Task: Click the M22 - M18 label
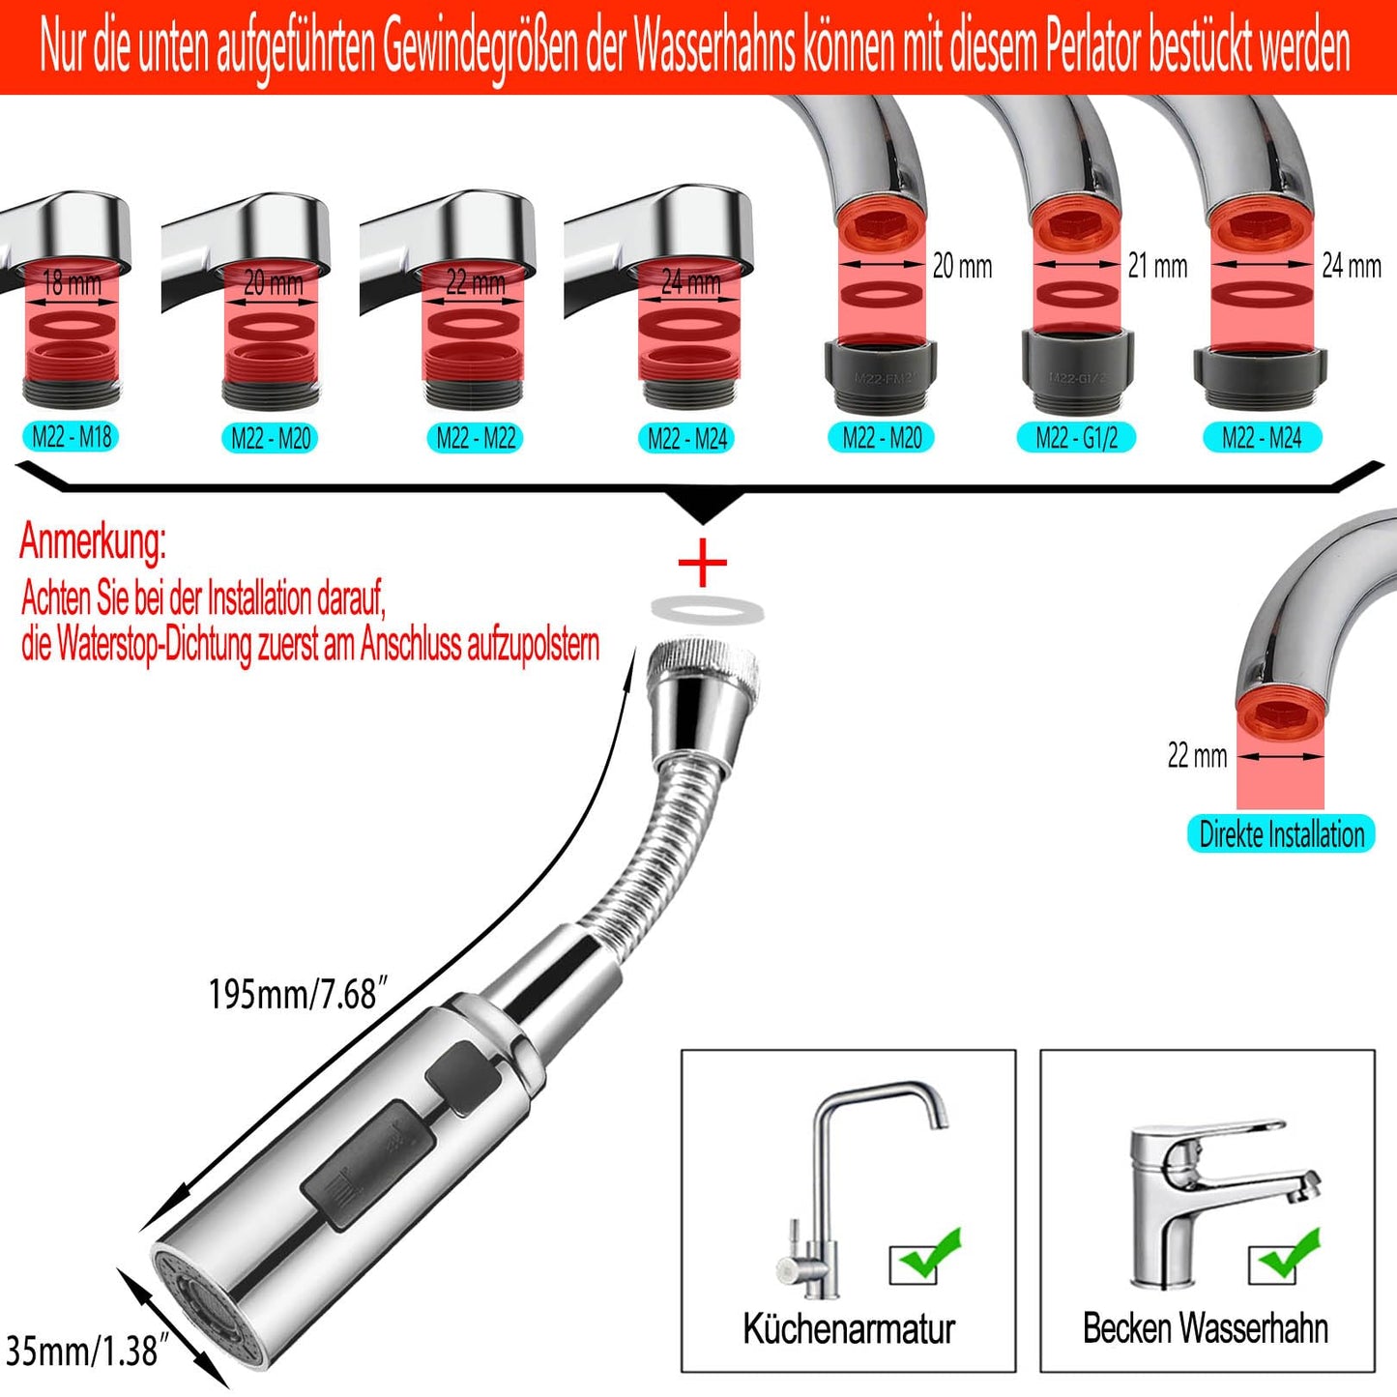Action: (72, 437)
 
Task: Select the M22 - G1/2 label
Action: (1076, 438)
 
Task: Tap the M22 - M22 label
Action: (476, 438)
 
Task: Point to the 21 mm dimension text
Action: (1157, 266)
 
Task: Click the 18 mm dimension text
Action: (72, 283)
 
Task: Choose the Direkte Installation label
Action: (1281, 834)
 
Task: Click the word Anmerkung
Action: (93, 541)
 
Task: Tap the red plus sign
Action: (703, 563)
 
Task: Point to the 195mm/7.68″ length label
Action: (298, 994)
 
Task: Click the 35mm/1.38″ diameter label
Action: (81, 1351)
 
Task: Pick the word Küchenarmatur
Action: (849, 1329)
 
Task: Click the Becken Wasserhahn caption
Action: (1206, 1329)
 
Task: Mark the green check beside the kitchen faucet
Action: (928, 1257)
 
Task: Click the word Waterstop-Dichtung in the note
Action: (155, 644)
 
